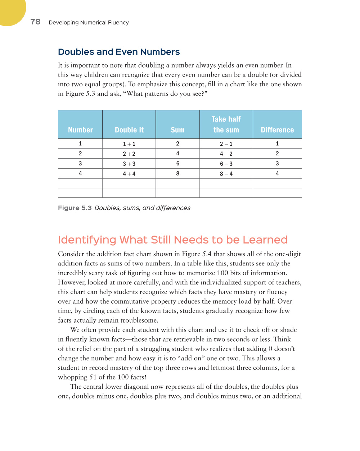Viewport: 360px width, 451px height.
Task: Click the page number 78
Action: pos(35,22)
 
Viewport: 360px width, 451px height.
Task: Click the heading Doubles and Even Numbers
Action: pos(119,52)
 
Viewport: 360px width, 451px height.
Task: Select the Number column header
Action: pos(80,130)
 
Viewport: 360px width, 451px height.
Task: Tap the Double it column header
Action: pos(129,130)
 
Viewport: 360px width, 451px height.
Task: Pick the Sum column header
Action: pos(177,130)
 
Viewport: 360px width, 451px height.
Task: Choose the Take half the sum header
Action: pos(226,124)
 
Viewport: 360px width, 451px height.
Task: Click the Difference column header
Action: pos(277,130)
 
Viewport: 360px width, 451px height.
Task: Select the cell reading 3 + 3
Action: pos(129,164)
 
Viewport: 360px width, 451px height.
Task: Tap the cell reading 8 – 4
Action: pos(226,174)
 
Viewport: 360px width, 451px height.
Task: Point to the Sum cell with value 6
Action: pos(177,164)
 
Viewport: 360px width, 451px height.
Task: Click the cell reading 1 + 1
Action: pos(129,144)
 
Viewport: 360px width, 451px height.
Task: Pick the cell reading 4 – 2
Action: pos(226,154)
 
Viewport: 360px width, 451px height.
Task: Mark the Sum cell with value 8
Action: pos(177,173)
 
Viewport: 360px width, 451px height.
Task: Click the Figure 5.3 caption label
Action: pos(75,208)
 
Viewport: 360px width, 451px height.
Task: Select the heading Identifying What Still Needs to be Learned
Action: pos(172,240)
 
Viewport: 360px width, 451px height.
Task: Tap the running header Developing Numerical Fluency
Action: pos(89,22)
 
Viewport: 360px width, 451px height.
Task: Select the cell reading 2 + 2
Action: pos(129,154)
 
